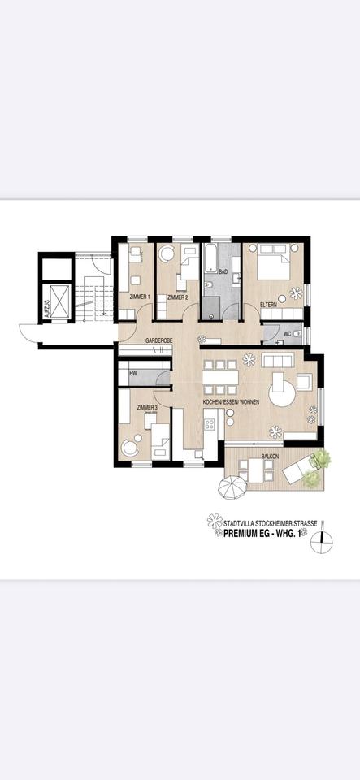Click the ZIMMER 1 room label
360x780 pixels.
[138, 297]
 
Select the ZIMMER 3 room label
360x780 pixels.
[146, 406]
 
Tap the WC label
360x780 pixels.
[288, 334]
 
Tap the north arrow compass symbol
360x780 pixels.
[323, 541]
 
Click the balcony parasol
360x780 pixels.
[232, 489]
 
